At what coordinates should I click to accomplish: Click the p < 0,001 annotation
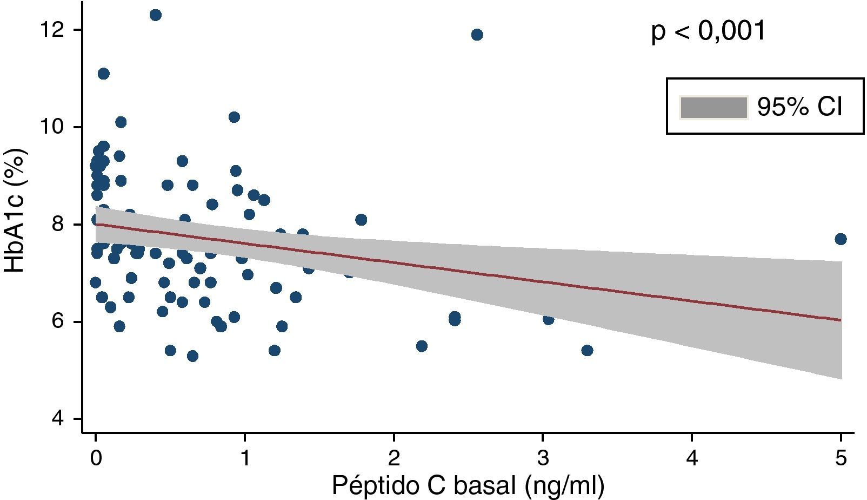tap(708, 31)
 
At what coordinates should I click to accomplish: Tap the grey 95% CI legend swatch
tap(713, 107)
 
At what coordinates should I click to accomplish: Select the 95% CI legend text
tap(799, 107)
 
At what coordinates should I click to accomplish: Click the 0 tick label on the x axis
tap(96, 458)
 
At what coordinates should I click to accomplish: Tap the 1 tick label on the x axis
tap(245, 458)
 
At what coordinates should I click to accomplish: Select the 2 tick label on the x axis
tap(394, 458)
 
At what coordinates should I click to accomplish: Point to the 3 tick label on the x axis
tap(543, 458)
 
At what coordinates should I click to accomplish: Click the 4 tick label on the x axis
tap(692, 458)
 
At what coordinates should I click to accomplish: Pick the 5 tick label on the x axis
tap(841, 458)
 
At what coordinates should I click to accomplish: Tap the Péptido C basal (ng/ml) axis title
tap(468, 486)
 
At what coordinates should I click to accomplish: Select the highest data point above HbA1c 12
tap(156, 15)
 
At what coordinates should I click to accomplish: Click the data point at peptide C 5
tap(841, 239)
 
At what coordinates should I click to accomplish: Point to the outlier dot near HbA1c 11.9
tap(477, 35)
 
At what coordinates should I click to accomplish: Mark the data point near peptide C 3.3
tap(588, 351)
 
